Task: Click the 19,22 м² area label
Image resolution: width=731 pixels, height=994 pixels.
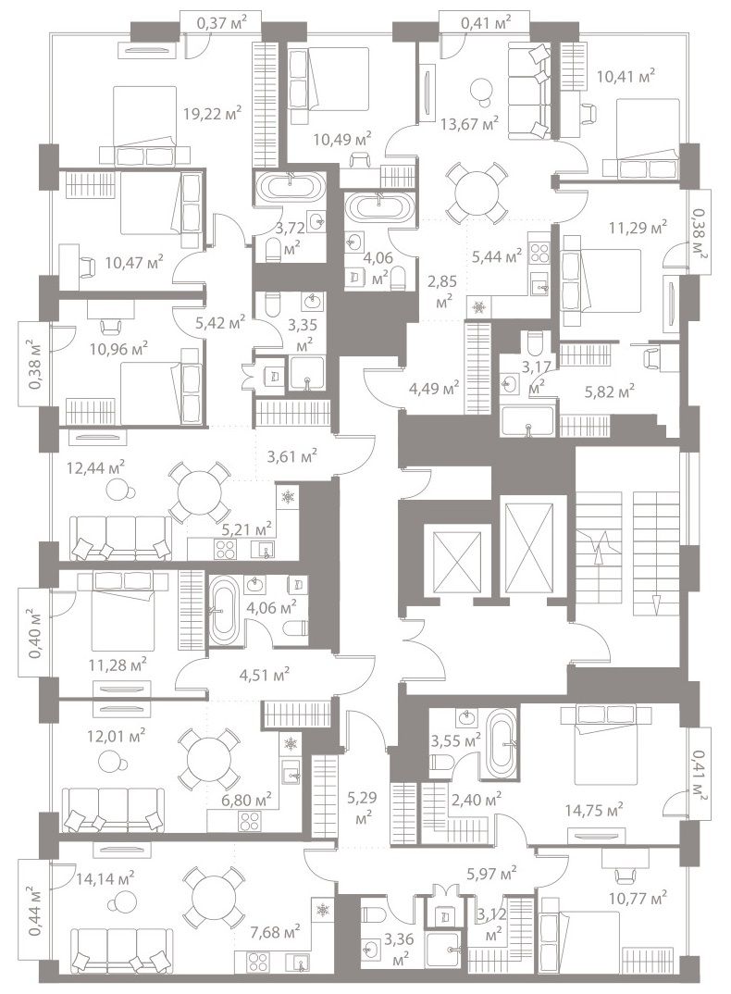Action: (x=213, y=114)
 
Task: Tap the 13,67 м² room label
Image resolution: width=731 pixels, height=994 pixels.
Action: (x=470, y=122)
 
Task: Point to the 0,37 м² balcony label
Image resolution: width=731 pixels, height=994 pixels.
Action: (x=220, y=23)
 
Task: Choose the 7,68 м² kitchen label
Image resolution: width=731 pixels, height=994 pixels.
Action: (x=275, y=931)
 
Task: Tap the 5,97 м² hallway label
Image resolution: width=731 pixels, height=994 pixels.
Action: (x=491, y=875)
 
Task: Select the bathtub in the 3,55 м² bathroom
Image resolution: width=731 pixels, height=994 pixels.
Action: (x=502, y=744)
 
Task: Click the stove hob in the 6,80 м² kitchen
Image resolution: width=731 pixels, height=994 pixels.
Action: (x=249, y=821)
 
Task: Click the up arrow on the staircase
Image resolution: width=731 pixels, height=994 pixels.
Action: (x=596, y=548)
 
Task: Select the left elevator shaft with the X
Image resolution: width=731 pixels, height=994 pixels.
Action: (x=456, y=560)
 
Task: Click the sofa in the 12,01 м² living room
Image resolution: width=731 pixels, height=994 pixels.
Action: (x=113, y=810)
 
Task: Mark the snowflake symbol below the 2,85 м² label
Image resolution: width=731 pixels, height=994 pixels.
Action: (x=478, y=308)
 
